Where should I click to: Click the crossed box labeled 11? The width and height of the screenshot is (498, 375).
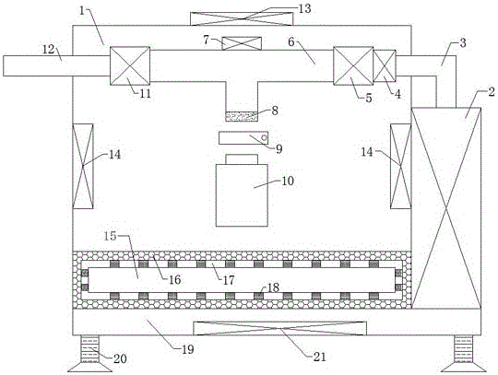(x=130, y=66)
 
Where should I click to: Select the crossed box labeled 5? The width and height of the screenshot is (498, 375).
(x=353, y=66)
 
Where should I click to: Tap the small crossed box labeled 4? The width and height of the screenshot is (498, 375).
(x=385, y=66)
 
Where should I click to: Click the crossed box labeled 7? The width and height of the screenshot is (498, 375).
(x=242, y=43)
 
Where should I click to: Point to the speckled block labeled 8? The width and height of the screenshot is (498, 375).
(x=242, y=116)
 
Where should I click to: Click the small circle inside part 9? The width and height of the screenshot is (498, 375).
(x=263, y=137)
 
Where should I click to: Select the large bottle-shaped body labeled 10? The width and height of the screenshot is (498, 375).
(x=242, y=195)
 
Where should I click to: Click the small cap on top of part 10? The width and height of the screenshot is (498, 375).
(x=242, y=159)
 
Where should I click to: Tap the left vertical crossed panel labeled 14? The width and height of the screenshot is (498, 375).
(x=83, y=166)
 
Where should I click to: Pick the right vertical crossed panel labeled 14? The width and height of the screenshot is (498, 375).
(x=400, y=166)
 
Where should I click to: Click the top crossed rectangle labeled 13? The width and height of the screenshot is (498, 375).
(x=242, y=18)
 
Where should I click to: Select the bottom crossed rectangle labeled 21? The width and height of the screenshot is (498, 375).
(x=279, y=328)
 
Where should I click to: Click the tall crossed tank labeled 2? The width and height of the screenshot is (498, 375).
(x=446, y=208)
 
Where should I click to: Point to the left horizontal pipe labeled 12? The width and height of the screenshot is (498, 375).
(x=56, y=66)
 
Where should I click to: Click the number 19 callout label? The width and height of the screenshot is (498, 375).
(x=188, y=349)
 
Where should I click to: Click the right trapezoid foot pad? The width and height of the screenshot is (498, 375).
(x=464, y=367)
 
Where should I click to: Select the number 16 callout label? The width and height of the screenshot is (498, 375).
(x=174, y=280)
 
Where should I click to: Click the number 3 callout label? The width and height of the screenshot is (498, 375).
(x=463, y=42)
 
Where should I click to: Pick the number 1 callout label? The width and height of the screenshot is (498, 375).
(x=83, y=11)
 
